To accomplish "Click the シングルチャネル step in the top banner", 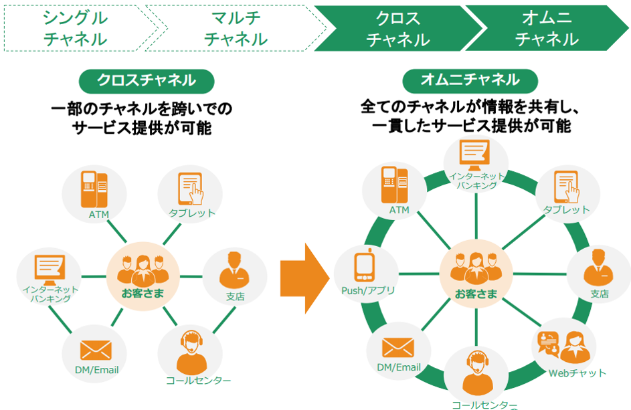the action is (x=76, y=28).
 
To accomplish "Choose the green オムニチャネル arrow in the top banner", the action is (x=547, y=28).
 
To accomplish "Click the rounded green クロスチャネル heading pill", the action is (x=147, y=81).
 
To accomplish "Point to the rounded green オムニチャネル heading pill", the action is (x=470, y=80).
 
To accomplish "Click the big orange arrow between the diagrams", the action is (x=304, y=278).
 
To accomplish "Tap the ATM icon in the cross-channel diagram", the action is (x=94, y=189).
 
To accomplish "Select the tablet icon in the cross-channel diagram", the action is (x=191, y=189).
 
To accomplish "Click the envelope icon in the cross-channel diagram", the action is (x=96, y=350).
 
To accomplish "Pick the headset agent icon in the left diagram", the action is (x=191, y=352).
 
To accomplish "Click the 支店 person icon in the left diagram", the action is (x=234, y=270).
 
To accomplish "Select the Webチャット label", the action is (x=577, y=373).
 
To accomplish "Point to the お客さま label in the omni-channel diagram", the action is (x=476, y=294).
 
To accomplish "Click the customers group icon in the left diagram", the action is (x=143, y=269).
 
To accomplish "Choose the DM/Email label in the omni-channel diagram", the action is (x=398, y=367).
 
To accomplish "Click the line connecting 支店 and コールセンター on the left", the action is (x=224, y=320).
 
